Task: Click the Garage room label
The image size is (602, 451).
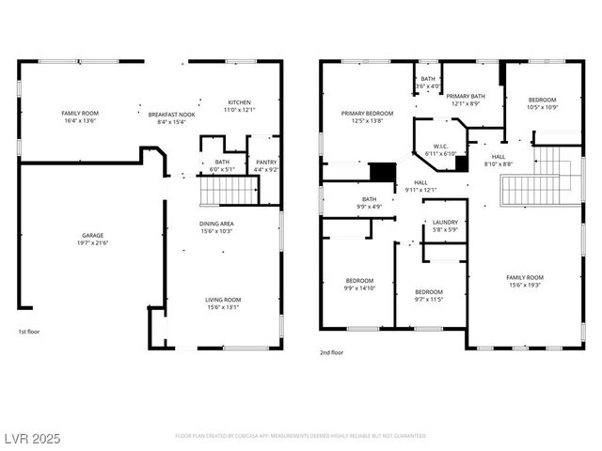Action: click(92, 235)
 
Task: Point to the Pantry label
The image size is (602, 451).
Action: click(267, 163)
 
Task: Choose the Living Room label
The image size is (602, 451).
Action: click(223, 300)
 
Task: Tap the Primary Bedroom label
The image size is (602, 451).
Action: click(366, 113)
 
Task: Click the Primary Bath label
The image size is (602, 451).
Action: click(465, 96)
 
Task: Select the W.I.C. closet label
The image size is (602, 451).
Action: click(440, 146)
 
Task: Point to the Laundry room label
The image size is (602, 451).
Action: click(445, 222)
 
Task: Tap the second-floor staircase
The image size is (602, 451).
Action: click(531, 190)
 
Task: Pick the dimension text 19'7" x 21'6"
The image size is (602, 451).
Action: click(92, 243)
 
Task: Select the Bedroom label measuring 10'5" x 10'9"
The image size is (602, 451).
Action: click(542, 100)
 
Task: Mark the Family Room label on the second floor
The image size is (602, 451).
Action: click(525, 277)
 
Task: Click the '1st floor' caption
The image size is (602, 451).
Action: click(29, 332)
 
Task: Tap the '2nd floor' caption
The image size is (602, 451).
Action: click(331, 352)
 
